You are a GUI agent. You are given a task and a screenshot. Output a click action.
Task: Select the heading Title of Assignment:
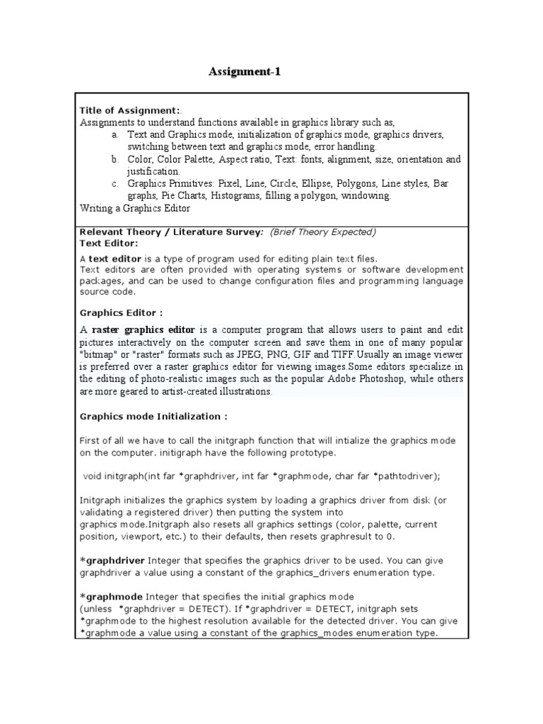click(x=129, y=111)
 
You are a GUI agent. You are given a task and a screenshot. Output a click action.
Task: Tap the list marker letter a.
click(x=115, y=134)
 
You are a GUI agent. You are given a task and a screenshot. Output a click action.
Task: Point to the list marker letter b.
click(x=115, y=160)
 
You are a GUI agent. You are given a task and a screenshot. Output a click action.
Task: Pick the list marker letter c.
click(x=115, y=184)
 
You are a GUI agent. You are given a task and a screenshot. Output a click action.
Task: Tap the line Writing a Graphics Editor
click(x=135, y=209)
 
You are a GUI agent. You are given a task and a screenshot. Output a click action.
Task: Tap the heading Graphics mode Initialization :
click(x=153, y=416)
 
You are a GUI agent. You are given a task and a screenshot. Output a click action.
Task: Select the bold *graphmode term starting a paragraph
click(x=111, y=597)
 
